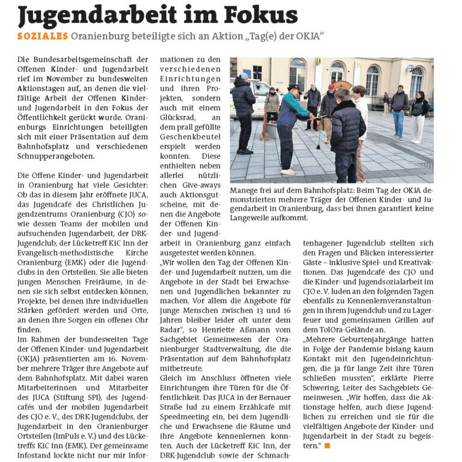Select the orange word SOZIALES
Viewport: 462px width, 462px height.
click(x=42, y=37)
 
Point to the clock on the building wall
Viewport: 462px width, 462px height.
click(x=409, y=69)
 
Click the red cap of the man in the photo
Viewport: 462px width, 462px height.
click(x=330, y=86)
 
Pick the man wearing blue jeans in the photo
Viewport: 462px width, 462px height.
click(x=398, y=114)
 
